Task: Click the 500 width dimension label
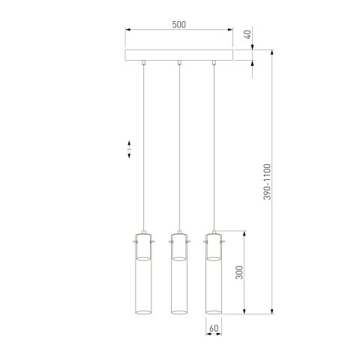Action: click(178, 24)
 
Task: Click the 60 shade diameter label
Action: click(214, 328)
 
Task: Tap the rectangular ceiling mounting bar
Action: click(178, 56)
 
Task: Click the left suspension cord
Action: click(142, 150)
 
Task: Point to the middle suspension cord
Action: click(178, 150)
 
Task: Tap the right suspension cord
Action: click(214, 150)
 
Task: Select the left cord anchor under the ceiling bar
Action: click(142, 64)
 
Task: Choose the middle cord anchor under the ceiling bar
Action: click(178, 64)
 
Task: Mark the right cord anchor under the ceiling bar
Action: click(214, 64)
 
